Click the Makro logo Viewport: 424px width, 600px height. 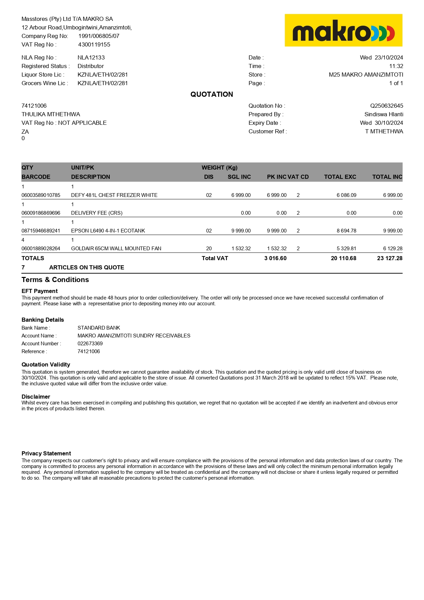[x=343, y=30]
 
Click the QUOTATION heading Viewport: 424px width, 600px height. [x=212, y=94]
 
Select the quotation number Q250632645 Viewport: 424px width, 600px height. [x=386, y=106]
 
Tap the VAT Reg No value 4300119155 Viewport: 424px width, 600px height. [x=94, y=44]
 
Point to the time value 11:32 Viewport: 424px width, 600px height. [x=396, y=66]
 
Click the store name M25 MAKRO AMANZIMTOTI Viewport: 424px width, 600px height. [x=366, y=75]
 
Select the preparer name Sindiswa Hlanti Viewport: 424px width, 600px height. [x=384, y=115]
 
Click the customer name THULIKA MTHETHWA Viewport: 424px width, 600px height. [x=51, y=115]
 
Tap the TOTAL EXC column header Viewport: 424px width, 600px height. [x=340, y=177]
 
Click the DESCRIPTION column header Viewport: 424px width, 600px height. [x=91, y=177]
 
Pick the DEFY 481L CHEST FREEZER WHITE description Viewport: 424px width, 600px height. [x=114, y=195]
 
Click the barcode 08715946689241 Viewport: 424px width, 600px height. [x=41, y=231]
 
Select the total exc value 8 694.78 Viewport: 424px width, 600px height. [x=346, y=231]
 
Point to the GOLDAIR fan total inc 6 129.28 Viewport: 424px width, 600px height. [x=393, y=249]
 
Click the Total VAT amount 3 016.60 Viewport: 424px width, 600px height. [x=275, y=258]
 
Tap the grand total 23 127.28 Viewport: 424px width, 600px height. [x=389, y=258]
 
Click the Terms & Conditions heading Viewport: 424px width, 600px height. [x=55, y=280]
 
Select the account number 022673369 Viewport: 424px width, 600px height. [x=90, y=344]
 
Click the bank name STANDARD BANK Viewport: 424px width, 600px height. [x=99, y=328]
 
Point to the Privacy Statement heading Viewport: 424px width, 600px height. [x=46, y=454]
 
